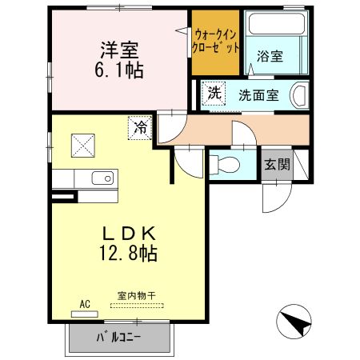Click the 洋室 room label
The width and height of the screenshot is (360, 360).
[x=122, y=48]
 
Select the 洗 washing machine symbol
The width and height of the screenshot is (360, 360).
[x=213, y=92]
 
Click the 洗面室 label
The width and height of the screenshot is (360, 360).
[x=258, y=95]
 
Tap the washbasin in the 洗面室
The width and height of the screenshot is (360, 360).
[x=301, y=95]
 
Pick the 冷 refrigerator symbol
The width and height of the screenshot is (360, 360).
[x=139, y=126]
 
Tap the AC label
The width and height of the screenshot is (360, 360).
[x=85, y=304]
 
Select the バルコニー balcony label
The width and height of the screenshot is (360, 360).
[x=119, y=337]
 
